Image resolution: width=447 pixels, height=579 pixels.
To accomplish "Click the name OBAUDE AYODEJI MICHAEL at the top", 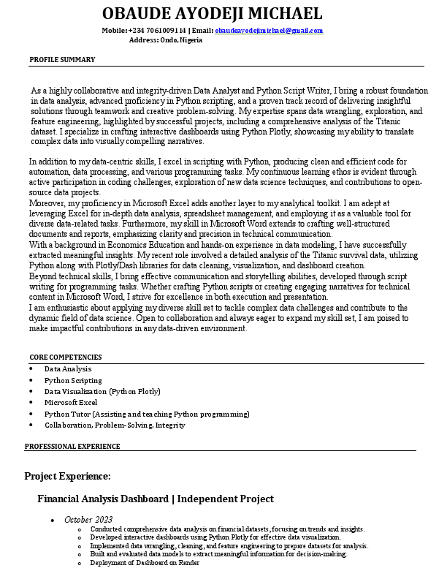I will click(212, 13).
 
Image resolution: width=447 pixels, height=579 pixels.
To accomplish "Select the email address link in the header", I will click(269, 31).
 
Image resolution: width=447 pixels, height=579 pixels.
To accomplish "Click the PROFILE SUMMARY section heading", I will click(62, 59).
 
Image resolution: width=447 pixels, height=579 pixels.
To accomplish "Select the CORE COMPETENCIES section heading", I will click(66, 357).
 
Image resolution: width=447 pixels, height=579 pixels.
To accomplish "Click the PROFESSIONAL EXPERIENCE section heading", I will click(72, 446).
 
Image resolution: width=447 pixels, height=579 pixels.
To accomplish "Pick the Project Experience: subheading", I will click(67, 477).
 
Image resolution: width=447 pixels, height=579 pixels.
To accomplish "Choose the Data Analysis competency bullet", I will click(68, 369).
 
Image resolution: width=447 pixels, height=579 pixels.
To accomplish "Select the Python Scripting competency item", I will click(73, 380).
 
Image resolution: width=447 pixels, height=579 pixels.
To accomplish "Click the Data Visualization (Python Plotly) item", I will click(102, 391).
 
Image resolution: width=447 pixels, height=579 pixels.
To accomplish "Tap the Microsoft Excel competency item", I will click(71, 402).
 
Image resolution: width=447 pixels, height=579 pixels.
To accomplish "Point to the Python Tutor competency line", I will click(147, 414).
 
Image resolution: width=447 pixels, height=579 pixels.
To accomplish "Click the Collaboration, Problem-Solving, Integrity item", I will click(115, 425).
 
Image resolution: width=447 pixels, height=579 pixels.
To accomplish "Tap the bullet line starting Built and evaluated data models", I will click(218, 554).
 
